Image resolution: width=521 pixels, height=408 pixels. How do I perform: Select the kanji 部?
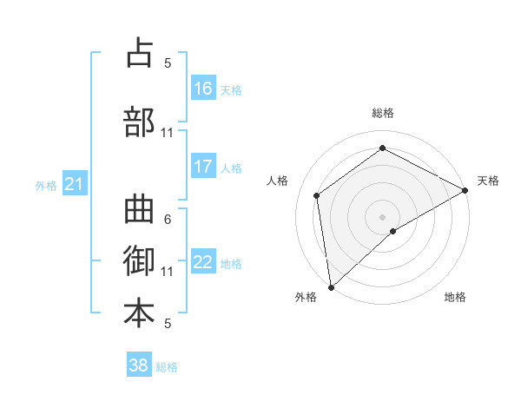(139, 122)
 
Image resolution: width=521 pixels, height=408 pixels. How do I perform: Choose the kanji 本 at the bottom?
(139, 313)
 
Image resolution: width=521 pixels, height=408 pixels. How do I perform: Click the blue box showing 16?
(203, 88)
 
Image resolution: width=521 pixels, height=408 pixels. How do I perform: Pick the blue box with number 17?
(203, 167)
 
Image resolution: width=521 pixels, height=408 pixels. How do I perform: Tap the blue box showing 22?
(203, 262)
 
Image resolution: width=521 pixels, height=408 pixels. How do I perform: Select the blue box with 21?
(75, 184)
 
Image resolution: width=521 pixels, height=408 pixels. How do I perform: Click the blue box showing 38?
(139, 365)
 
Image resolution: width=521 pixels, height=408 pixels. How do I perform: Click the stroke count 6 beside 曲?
(168, 219)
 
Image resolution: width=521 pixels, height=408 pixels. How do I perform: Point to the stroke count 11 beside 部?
(168, 133)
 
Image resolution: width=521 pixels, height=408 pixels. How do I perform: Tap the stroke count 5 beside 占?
(168, 63)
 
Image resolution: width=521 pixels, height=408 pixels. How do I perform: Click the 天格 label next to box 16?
(231, 89)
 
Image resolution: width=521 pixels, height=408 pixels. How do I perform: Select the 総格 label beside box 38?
(167, 367)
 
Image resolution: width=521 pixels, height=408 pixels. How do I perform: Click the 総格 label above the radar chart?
(382, 113)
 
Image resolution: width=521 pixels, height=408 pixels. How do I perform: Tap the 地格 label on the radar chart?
(455, 298)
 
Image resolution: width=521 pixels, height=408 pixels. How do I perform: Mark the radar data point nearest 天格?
(465, 191)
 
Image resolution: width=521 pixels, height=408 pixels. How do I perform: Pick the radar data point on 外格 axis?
(330, 286)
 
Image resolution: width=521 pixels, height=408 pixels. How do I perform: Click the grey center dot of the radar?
(382, 215)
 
